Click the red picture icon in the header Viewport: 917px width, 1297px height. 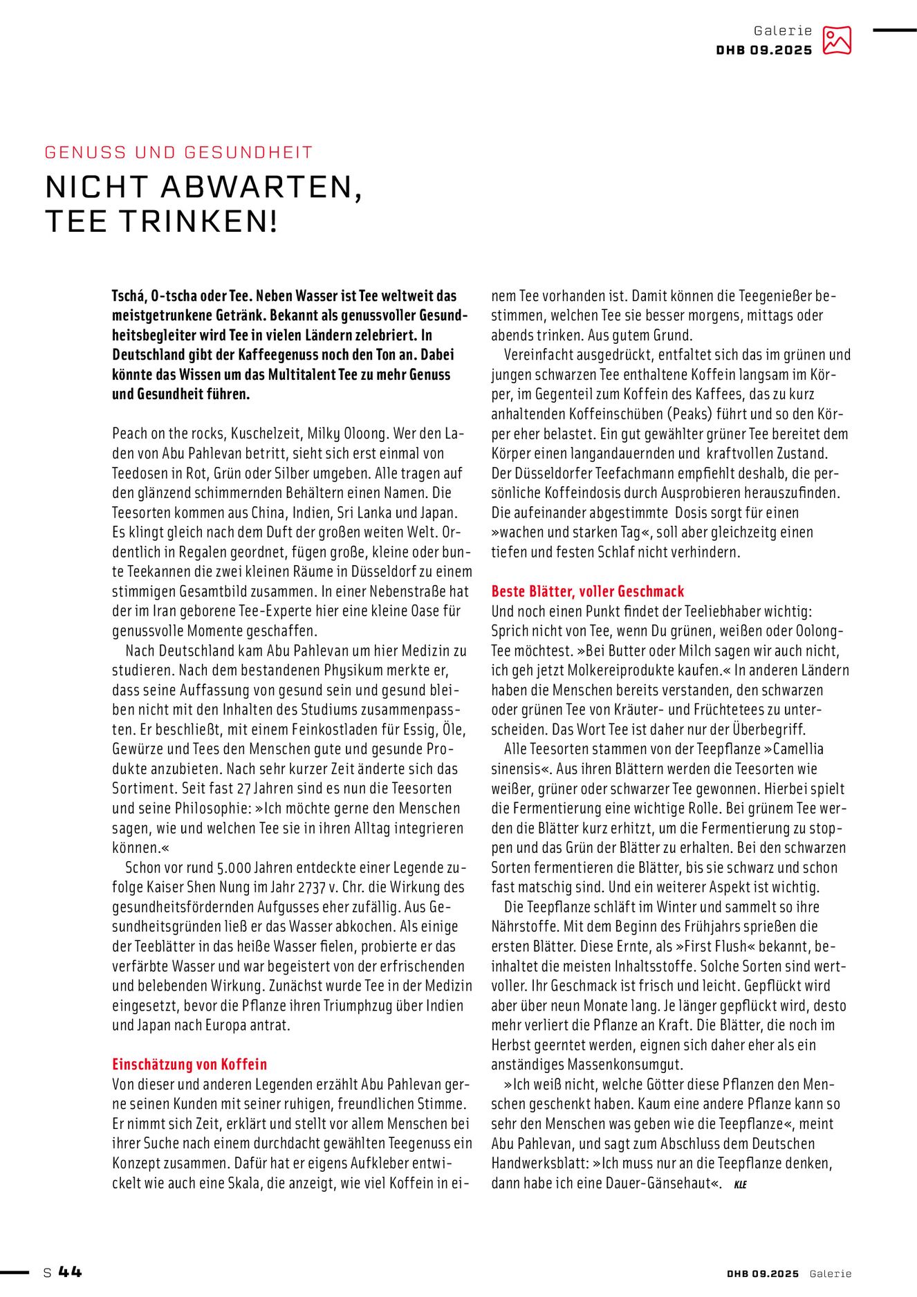837,41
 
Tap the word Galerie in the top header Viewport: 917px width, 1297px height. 783,30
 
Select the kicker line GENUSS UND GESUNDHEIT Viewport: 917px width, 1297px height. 179,152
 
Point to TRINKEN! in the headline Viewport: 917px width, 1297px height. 198,221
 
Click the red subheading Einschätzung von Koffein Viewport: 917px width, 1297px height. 189,1065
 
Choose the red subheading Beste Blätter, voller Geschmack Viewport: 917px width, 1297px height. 587,591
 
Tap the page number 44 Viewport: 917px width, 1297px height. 70,1272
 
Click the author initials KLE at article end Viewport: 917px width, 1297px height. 740,1184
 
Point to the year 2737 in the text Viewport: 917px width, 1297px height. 311,887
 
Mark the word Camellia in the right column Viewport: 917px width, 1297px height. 798,749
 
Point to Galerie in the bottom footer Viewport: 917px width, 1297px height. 831,1273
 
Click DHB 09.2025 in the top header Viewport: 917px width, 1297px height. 764,50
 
